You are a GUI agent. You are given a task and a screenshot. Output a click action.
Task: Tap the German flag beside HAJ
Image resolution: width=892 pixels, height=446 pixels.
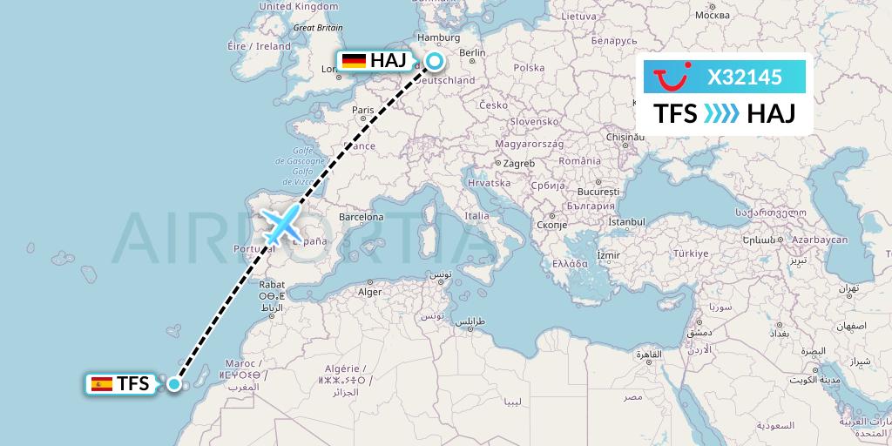click(354, 60)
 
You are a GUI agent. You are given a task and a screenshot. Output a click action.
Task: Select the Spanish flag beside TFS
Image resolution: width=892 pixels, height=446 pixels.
click(102, 383)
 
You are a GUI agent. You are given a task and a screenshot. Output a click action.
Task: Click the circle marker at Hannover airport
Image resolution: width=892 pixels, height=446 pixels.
click(433, 61)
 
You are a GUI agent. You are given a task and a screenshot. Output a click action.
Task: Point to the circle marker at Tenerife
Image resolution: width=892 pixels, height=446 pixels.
click(175, 383)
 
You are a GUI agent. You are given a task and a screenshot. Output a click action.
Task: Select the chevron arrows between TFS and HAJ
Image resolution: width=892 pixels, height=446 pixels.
click(721, 113)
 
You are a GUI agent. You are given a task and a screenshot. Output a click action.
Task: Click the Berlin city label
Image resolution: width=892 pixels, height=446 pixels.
click(471, 52)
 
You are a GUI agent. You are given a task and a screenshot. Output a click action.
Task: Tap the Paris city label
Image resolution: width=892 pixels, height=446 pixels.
click(362, 111)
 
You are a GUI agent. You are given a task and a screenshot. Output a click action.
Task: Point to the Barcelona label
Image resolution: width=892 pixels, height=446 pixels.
click(362, 217)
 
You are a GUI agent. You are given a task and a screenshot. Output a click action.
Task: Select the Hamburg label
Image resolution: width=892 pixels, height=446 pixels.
click(438, 37)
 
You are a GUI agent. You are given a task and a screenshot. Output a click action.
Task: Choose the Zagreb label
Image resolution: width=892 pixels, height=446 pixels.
click(518, 163)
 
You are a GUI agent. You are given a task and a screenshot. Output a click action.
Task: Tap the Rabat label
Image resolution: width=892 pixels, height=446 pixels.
click(272, 284)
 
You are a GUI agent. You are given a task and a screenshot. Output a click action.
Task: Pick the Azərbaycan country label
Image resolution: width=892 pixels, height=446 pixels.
click(821, 240)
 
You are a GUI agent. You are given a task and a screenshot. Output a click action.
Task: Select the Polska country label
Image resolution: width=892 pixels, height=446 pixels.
click(529, 67)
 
